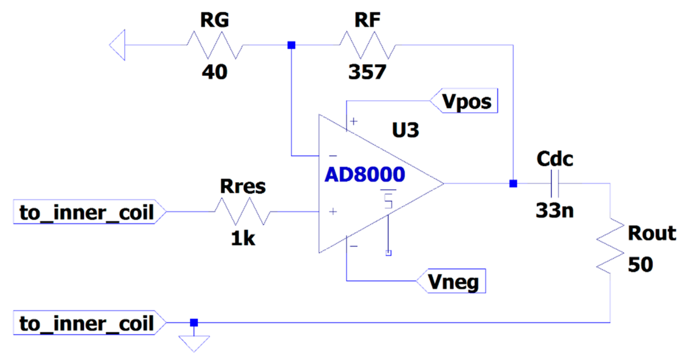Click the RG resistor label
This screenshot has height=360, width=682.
coord(214,20)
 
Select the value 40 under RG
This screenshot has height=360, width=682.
coord(214,72)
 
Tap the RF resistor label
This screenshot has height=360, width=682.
coord(367,20)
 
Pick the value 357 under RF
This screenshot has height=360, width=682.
coord(367,72)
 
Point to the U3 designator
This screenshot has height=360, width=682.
coord(405,130)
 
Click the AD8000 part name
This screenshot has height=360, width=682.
coord(365,175)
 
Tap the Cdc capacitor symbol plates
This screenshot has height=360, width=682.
coord(555,184)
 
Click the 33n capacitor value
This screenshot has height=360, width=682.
coord(555,210)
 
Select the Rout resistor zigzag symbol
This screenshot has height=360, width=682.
coord(610,246)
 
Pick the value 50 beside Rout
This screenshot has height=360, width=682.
coord(640,265)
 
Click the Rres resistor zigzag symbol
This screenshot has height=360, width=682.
coord(243,211)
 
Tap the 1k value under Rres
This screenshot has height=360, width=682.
coord(243,239)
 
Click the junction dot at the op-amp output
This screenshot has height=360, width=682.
coord(513,184)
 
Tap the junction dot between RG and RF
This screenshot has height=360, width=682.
coord(291,45)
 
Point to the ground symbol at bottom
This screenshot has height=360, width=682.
coord(194,342)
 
